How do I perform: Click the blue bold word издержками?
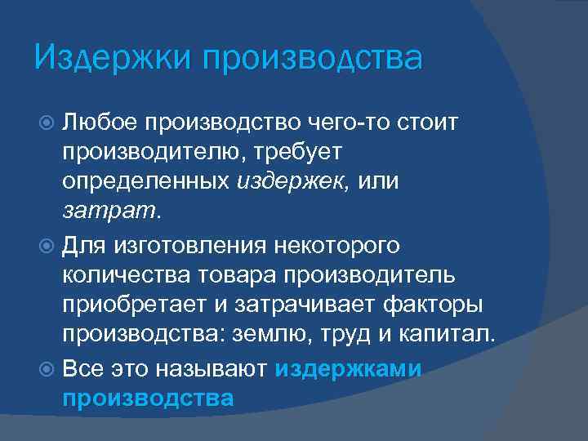(x=348, y=368)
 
